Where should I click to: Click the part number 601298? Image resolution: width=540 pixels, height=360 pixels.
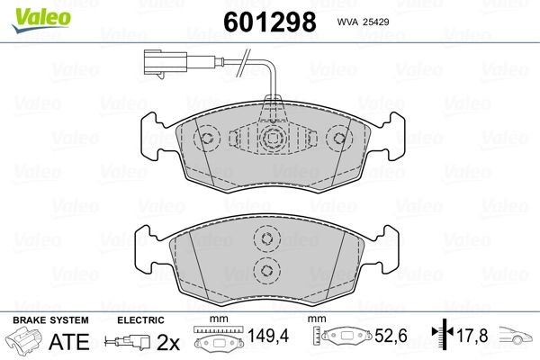[270, 22]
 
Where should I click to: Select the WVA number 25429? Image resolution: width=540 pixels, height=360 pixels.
[377, 22]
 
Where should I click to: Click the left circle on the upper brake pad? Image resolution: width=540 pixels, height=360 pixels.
[207, 139]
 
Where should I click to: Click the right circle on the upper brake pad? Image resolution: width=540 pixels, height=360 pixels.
[339, 138]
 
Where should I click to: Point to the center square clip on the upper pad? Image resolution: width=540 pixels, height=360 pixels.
[274, 139]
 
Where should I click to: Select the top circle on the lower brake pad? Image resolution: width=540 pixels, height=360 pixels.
[267, 238]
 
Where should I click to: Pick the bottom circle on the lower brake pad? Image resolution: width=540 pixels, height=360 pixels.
[267, 270]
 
